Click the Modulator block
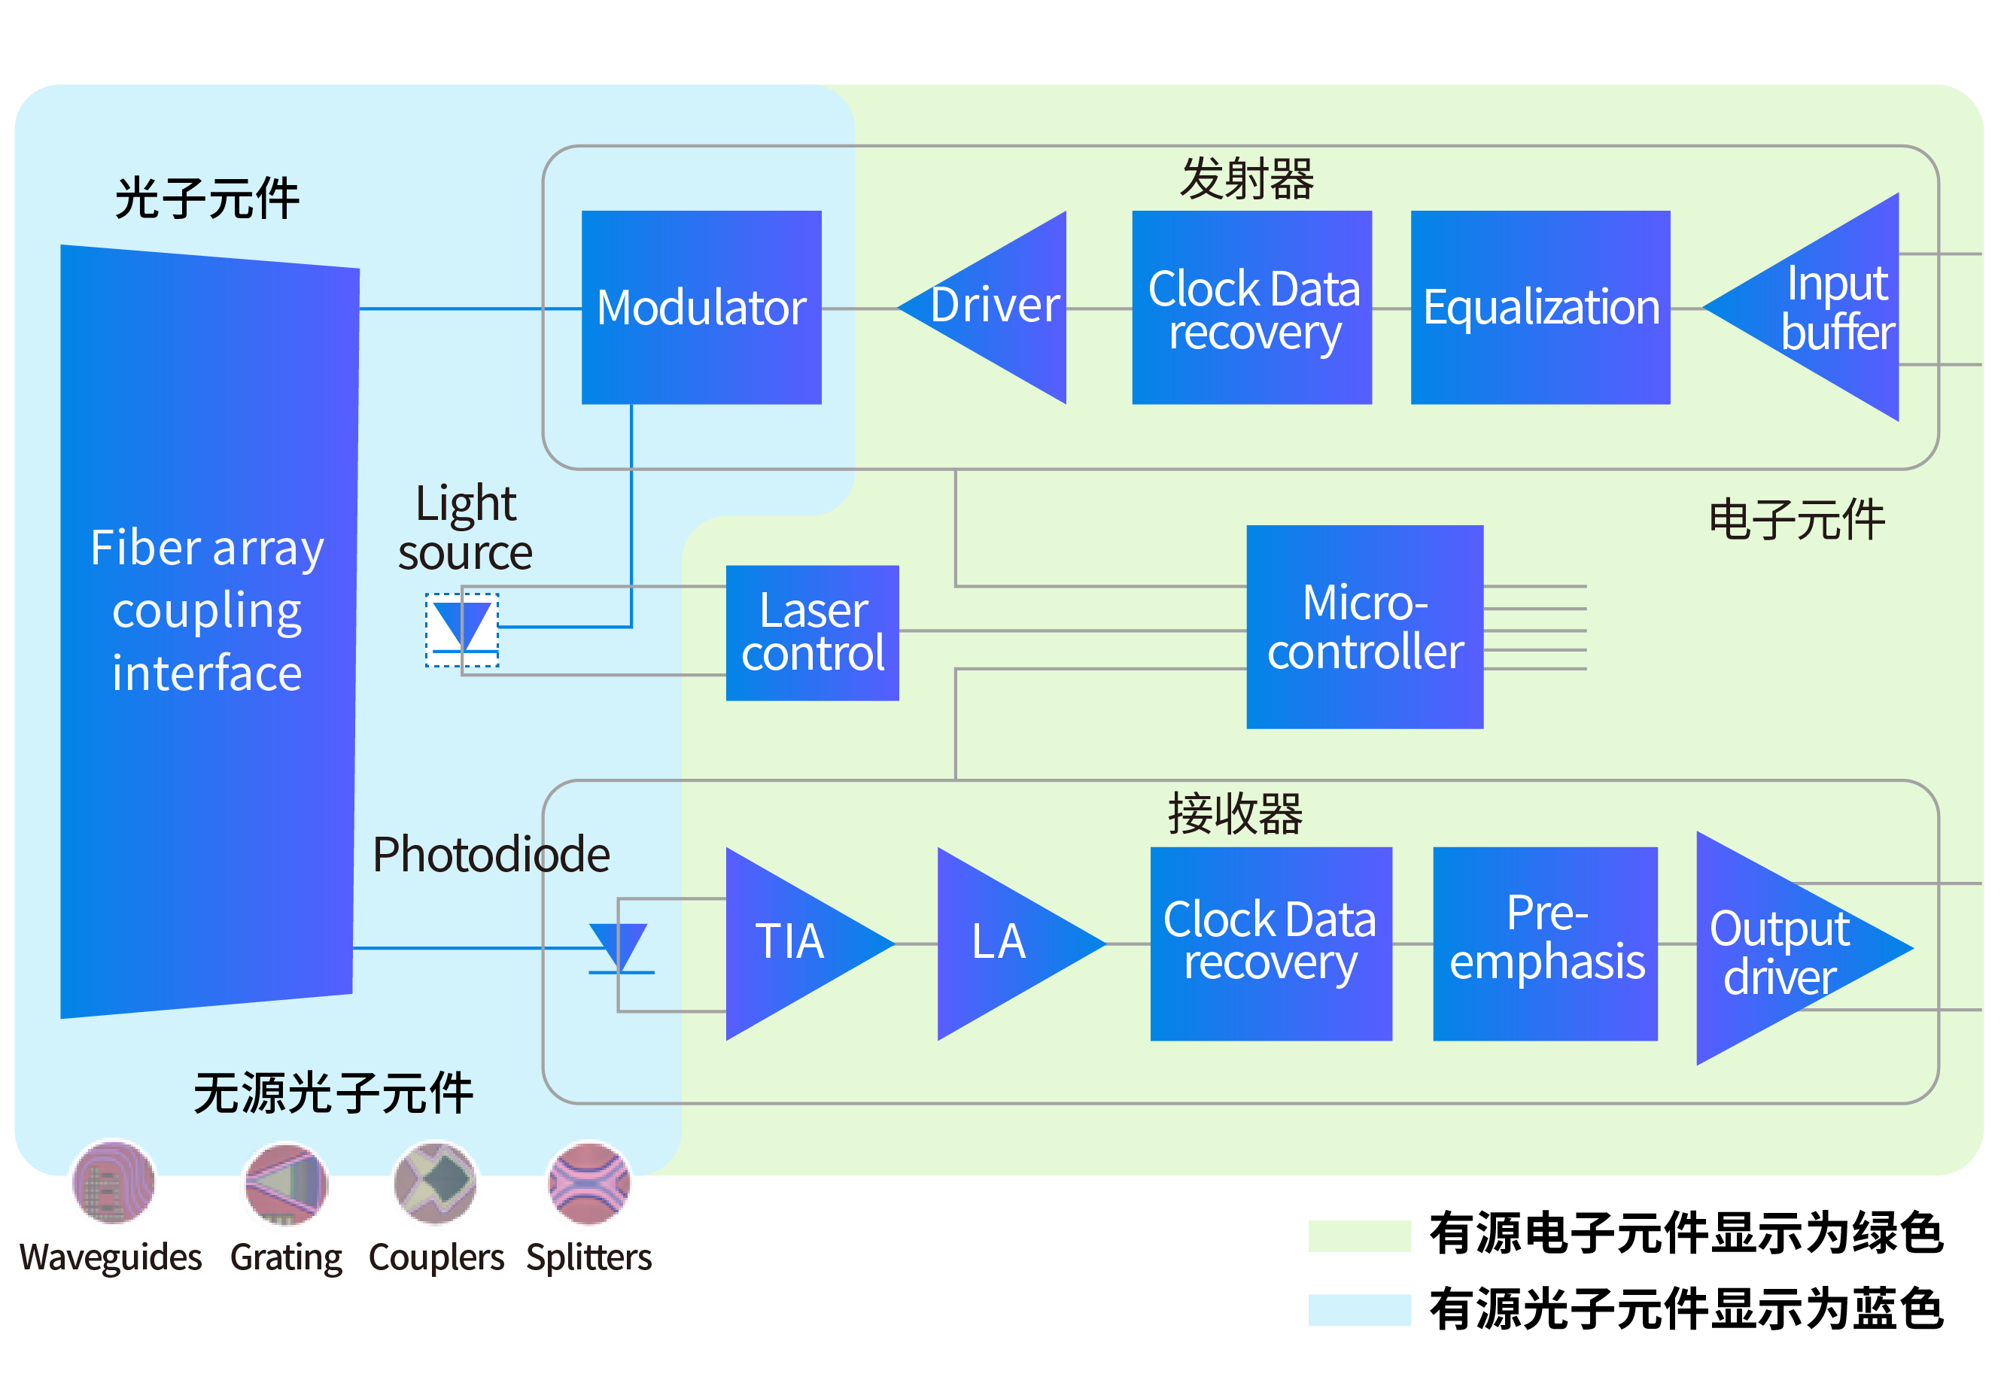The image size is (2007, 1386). click(701, 308)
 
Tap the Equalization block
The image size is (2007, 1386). click(1540, 308)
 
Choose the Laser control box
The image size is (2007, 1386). click(812, 632)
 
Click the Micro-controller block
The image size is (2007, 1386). click(1364, 626)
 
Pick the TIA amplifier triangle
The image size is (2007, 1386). click(790, 943)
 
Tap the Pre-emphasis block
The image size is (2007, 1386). click(1545, 943)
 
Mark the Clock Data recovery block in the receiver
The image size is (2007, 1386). click(1270, 943)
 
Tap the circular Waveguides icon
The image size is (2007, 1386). click(114, 1182)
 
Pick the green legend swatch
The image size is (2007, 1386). click(1359, 1235)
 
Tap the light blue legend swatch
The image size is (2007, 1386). click(1359, 1309)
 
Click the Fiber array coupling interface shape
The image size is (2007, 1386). click(208, 631)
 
